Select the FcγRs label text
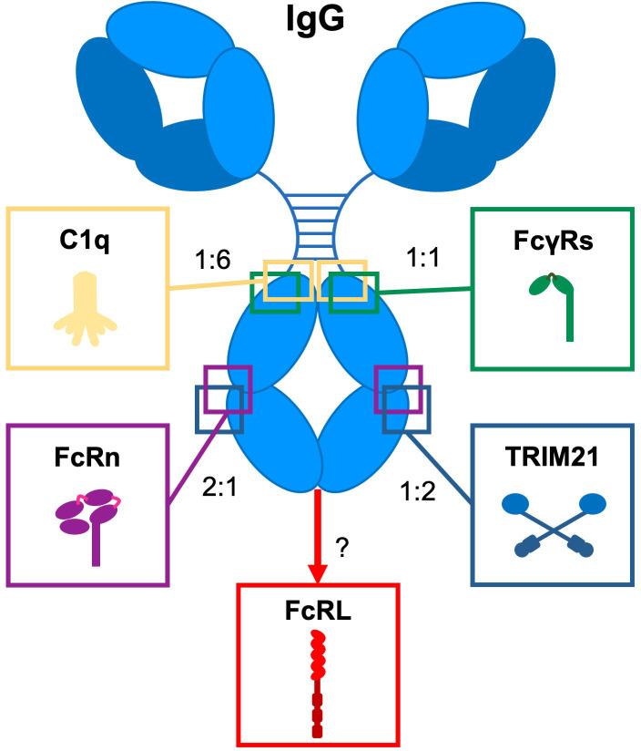point(551,245)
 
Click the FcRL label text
point(317,610)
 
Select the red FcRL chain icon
point(317,684)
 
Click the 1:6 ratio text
point(212,262)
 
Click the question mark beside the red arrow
point(341,547)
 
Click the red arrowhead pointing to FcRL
point(317,571)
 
